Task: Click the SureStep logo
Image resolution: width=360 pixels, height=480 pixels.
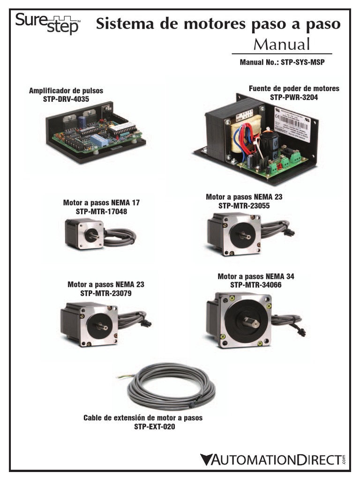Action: [47, 23]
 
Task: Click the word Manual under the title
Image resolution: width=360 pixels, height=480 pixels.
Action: [282, 45]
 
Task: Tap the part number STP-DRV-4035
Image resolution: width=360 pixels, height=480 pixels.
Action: [66, 99]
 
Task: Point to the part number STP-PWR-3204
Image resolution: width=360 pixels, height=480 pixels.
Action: [294, 97]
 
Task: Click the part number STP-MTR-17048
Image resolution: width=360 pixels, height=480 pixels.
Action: [101, 211]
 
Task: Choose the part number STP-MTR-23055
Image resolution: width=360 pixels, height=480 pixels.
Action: [244, 205]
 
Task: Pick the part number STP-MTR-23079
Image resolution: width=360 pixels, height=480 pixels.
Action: [105, 293]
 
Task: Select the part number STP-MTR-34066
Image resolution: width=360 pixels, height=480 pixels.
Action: [255, 285]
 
